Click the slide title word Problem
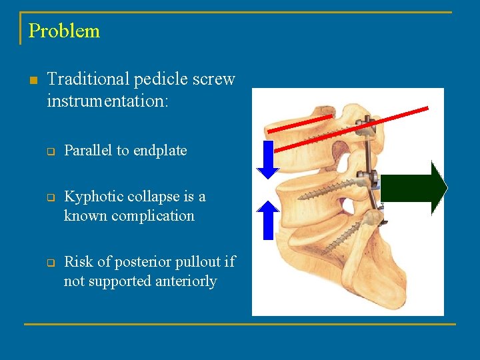click(64, 31)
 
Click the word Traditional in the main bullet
click(88, 79)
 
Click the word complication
click(151, 216)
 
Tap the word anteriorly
click(185, 281)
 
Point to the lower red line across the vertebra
click(360, 126)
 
